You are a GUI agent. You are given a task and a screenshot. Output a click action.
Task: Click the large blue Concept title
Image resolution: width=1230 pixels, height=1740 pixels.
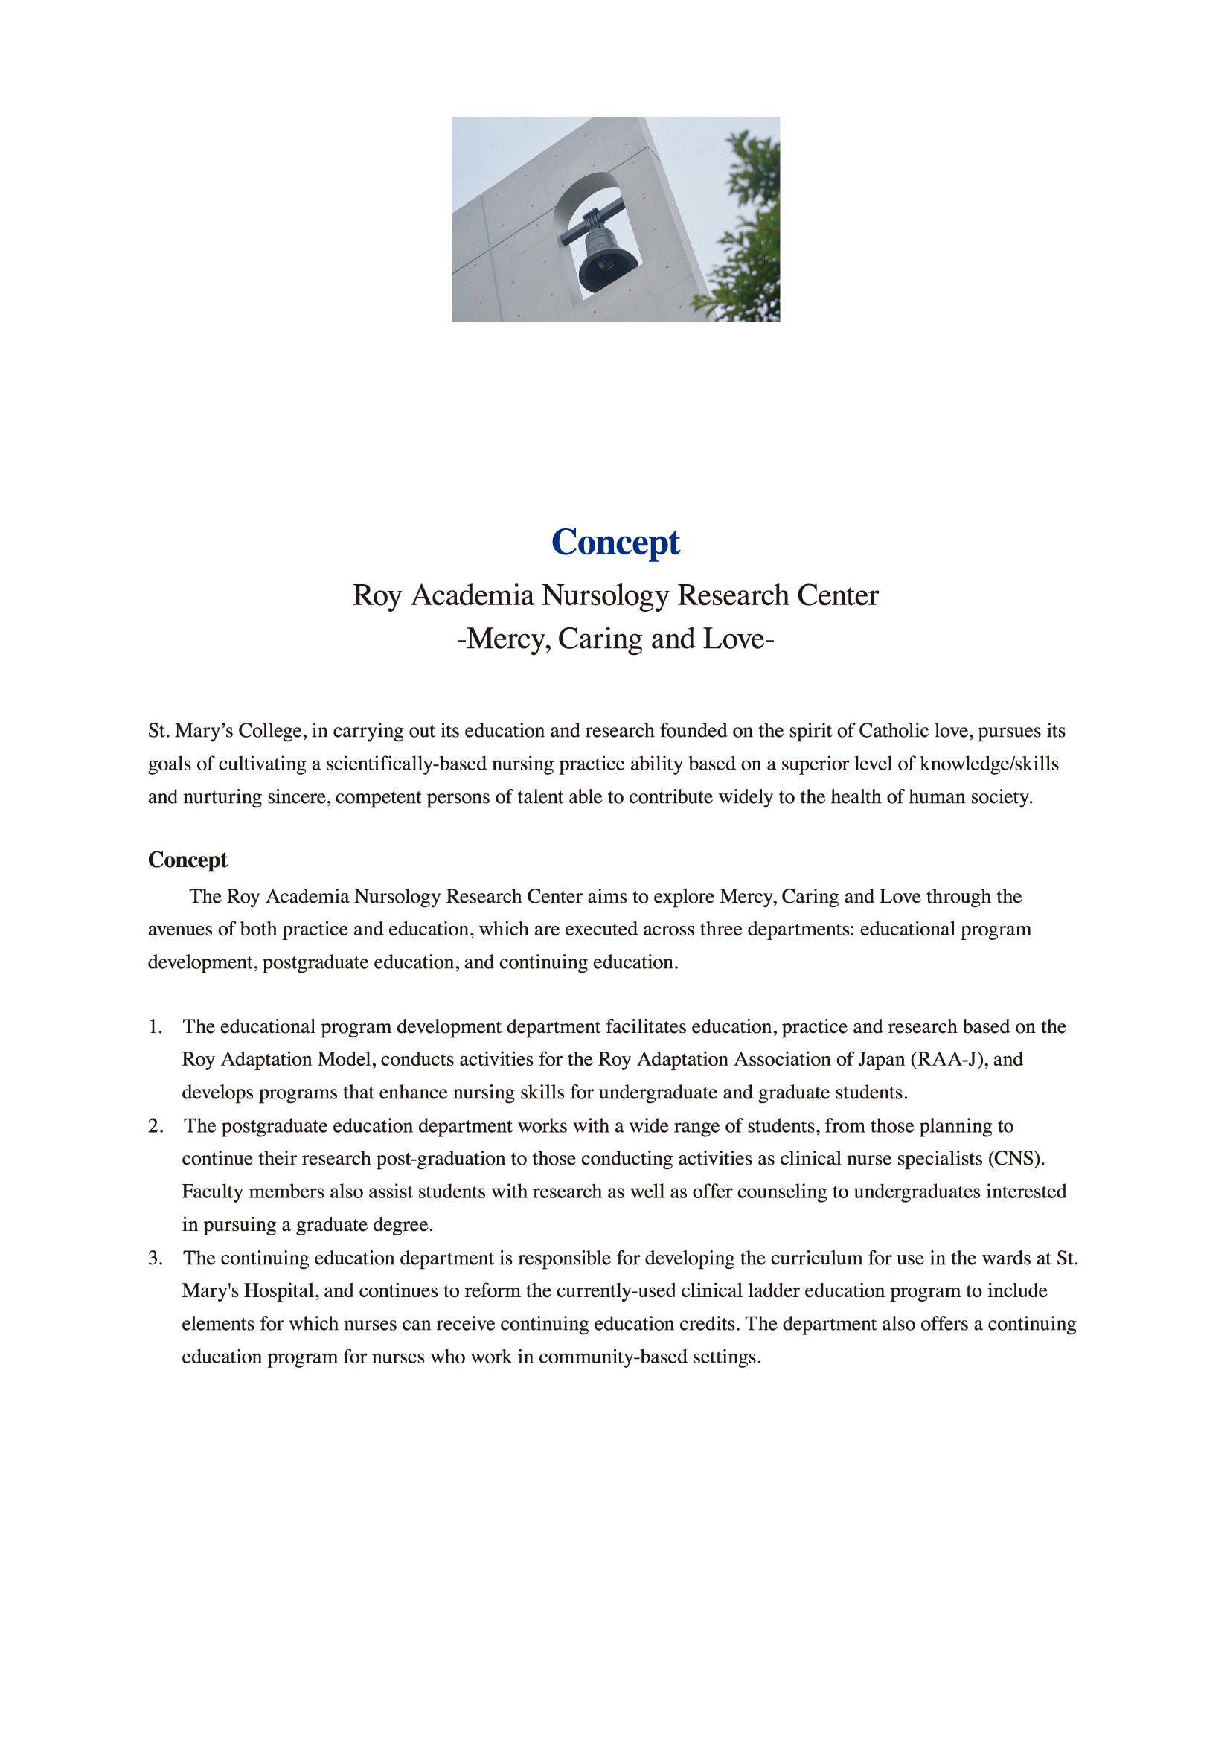tap(615, 543)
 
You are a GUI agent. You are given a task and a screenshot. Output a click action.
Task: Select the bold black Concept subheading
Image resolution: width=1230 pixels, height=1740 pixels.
tap(188, 860)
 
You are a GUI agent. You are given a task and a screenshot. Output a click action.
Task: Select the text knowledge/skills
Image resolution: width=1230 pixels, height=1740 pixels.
tap(989, 764)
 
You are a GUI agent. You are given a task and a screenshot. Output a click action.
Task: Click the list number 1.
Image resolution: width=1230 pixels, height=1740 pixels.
tap(155, 1027)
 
